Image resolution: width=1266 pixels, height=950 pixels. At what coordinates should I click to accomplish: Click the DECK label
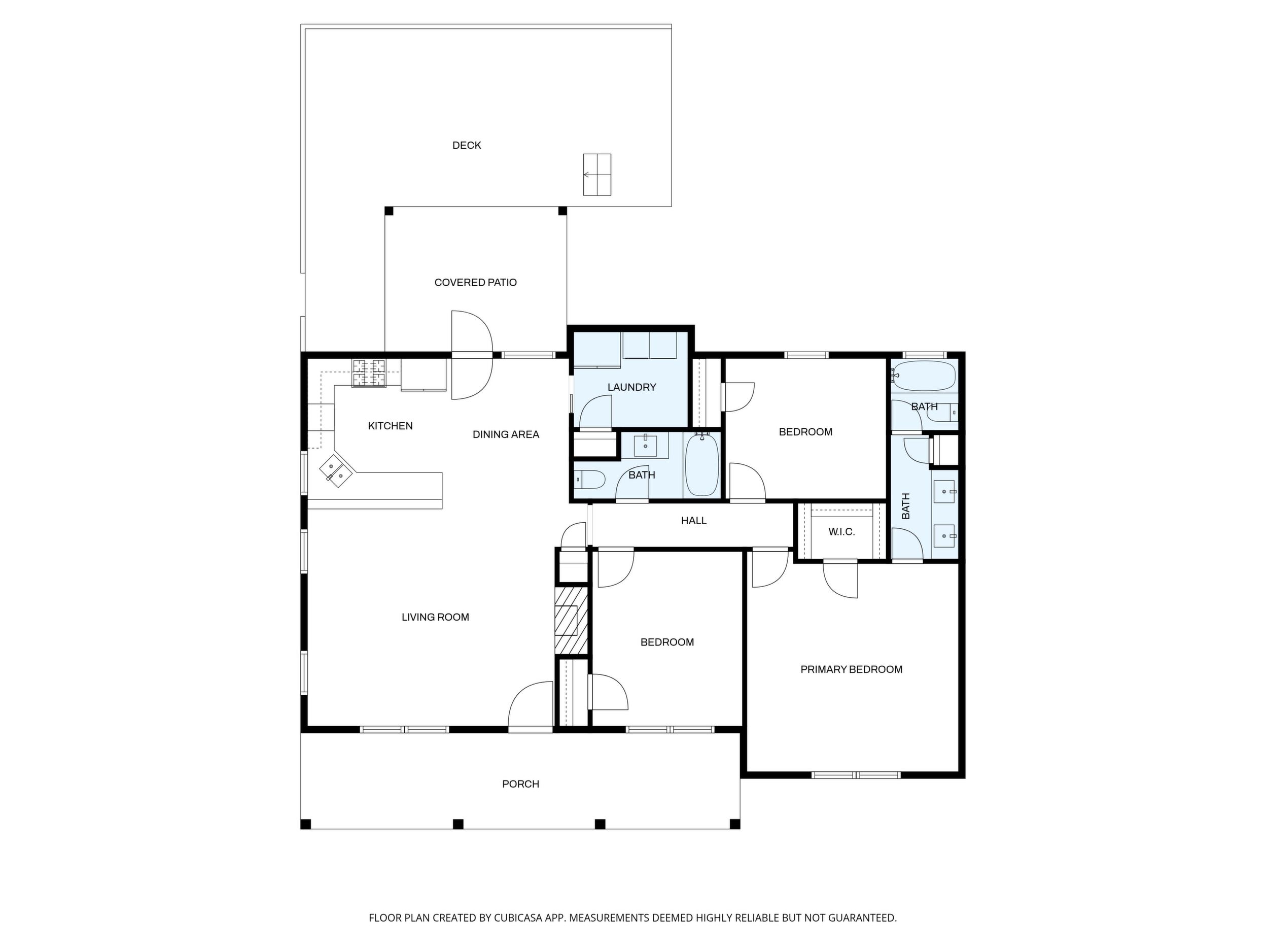467,146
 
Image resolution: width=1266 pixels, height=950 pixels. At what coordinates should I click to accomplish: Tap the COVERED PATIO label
476,282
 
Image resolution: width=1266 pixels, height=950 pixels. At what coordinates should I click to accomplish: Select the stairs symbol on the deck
597,175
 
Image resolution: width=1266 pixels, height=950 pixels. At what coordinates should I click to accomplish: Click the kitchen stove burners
369,373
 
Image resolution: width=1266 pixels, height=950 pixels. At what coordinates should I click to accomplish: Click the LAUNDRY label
632,387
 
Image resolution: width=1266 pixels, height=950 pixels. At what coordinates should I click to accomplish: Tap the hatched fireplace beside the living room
571,620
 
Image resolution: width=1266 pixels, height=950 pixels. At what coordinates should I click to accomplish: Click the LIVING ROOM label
436,617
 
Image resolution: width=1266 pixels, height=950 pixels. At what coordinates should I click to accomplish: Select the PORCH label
521,784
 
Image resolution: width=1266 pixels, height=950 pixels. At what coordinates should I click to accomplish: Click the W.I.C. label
842,532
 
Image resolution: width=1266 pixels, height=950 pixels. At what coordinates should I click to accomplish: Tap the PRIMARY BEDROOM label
852,669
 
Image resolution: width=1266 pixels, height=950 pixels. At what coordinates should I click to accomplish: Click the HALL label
694,521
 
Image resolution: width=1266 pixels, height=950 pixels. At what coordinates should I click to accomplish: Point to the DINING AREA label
506,434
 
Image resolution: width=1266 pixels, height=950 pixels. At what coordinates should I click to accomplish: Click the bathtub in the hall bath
701,464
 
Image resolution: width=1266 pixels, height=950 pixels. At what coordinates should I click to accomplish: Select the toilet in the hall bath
589,479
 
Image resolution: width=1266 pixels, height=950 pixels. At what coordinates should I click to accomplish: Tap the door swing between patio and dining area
472,355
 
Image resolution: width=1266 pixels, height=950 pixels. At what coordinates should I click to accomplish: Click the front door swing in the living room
530,704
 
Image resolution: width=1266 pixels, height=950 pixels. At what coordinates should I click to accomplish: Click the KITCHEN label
391,426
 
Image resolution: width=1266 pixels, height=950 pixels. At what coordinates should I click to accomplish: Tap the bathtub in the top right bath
924,376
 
